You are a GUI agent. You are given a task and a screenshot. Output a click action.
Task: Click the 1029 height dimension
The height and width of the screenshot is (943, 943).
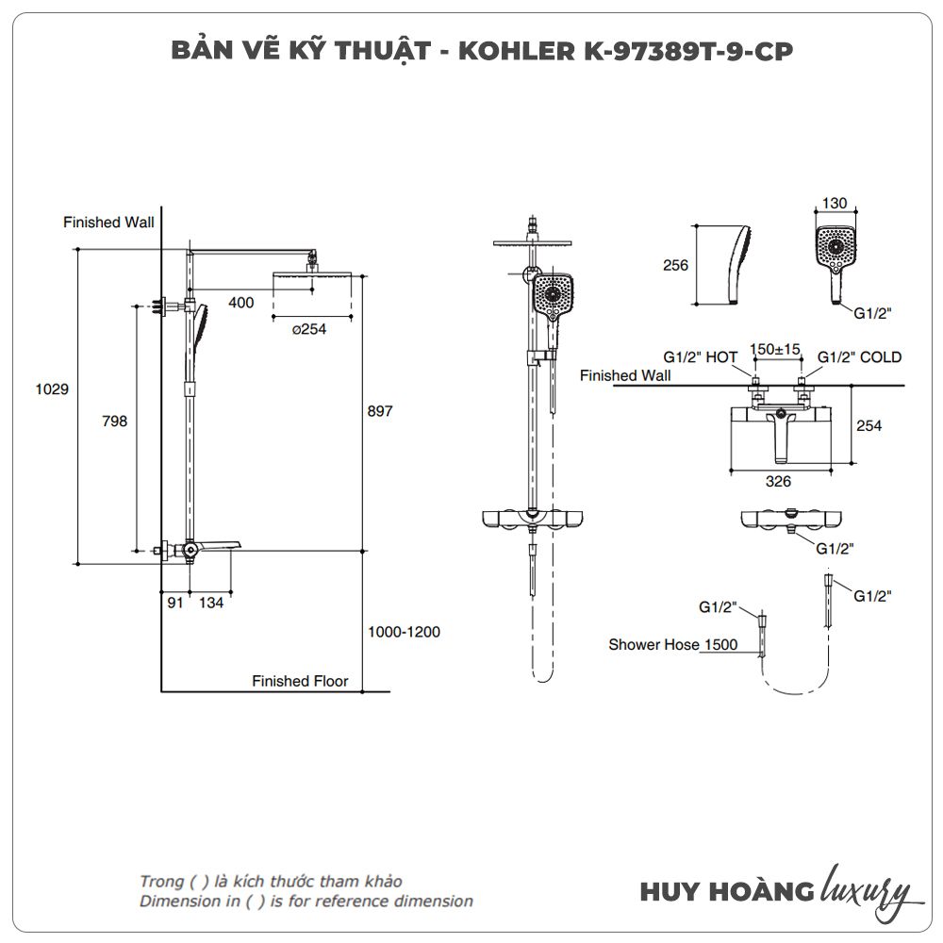tap(52, 389)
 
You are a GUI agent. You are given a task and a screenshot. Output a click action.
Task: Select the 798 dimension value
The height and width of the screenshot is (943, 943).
tap(114, 422)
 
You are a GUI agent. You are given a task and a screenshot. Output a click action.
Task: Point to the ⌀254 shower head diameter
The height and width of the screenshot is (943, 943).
tap(308, 329)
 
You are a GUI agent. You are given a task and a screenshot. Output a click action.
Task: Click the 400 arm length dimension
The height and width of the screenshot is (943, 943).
tap(241, 303)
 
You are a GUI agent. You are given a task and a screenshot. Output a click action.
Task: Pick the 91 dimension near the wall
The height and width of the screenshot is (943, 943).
tap(175, 604)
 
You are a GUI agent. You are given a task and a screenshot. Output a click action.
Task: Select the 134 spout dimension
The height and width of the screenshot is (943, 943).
tap(211, 604)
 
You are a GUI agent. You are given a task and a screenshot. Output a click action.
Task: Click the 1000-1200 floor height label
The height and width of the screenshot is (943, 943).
tap(404, 632)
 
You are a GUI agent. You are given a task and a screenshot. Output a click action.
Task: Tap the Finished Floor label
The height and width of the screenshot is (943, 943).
tap(300, 681)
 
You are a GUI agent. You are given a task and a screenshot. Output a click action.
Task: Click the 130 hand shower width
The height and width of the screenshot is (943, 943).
tap(835, 203)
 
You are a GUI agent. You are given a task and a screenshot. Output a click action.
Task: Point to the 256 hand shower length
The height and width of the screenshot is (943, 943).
tap(675, 265)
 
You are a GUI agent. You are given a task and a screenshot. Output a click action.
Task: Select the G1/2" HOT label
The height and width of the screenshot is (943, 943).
tap(700, 357)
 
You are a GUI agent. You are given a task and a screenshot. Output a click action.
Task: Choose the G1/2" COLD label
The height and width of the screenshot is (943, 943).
tap(859, 357)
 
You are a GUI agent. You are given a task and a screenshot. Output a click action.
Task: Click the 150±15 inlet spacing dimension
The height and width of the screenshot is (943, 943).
tap(774, 350)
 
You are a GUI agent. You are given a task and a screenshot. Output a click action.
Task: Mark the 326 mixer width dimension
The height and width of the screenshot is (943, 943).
tap(778, 481)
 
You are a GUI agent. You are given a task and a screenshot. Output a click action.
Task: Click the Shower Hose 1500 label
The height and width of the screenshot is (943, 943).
tap(672, 645)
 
